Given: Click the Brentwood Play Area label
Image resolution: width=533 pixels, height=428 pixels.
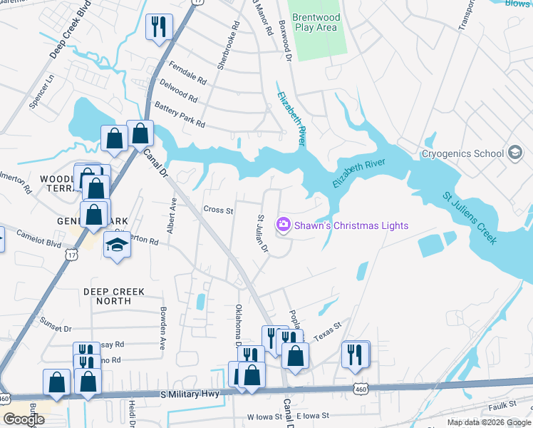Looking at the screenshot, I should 316,22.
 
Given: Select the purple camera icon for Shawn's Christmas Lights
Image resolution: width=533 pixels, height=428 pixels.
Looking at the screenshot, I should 284,225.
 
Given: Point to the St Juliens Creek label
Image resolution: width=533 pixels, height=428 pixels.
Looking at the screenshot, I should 469,217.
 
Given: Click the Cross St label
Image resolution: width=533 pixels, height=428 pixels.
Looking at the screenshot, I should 219,210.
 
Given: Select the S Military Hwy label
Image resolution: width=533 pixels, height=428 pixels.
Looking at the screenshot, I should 189,394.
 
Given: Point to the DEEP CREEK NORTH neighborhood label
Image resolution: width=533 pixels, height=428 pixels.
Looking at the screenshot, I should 114,296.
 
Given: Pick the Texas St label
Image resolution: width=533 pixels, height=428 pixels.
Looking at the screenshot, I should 328,330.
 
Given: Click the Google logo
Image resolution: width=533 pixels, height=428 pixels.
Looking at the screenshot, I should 24,419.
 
